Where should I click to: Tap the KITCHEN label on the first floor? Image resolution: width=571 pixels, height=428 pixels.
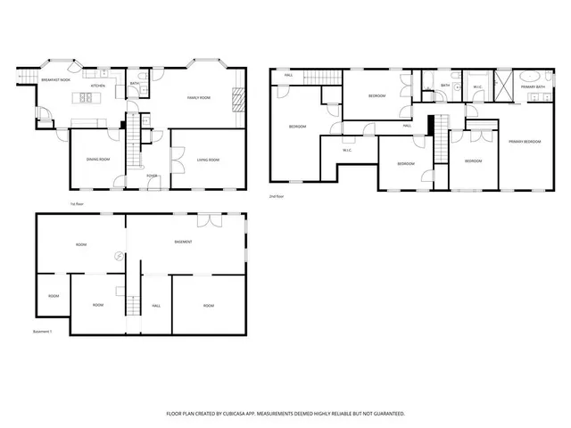coord(98,86)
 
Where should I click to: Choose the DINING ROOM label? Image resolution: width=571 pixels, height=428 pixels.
coord(98,160)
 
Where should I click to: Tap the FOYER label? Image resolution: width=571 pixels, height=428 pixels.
coord(153,176)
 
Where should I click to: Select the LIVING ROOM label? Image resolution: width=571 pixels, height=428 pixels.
coord(207,160)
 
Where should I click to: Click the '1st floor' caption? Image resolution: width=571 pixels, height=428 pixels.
coord(77,203)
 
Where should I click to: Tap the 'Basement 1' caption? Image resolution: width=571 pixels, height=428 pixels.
coord(43,332)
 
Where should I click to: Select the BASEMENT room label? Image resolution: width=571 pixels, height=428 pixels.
coord(184,243)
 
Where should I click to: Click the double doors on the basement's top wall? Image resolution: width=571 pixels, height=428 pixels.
coord(205,218)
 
